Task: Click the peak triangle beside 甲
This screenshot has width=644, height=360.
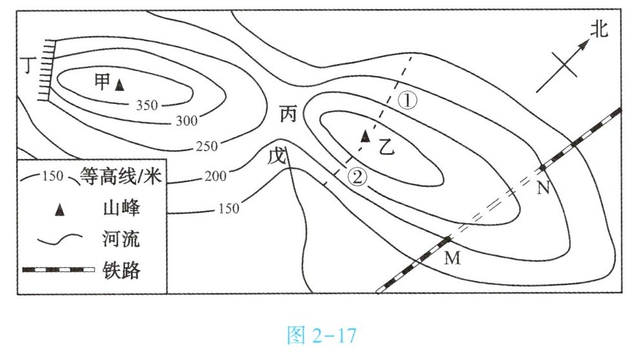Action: [x=119, y=84]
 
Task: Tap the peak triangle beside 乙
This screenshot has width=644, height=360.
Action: [x=365, y=135]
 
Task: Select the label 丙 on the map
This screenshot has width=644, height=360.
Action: [x=288, y=115]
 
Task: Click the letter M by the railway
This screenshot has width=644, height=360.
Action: [x=452, y=259]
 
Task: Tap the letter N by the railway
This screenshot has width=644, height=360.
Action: [x=543, y=188]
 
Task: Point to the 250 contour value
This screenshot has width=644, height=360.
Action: [x=206, y=147]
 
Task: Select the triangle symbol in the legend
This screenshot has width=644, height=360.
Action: [x=59, y=209]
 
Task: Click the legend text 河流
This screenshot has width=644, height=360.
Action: [x=121, y=239]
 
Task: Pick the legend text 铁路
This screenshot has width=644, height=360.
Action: [x=121, y=270]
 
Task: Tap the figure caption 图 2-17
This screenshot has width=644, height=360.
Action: [x=321, y=335]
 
